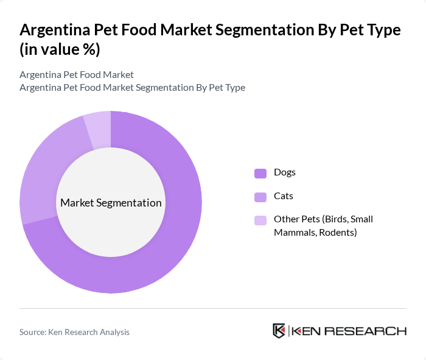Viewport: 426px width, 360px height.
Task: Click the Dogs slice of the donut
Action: (176, 244)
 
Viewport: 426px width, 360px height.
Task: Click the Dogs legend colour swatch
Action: (260, 173)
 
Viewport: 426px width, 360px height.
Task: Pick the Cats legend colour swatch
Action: (260, 197)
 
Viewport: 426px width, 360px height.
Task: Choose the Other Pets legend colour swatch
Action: (260, 221)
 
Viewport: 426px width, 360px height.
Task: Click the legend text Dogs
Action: (285, 172)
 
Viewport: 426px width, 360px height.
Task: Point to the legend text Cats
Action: (284, 196)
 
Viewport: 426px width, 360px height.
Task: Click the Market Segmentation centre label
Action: (111, 203)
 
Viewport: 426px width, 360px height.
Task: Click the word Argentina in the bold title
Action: (56, 30)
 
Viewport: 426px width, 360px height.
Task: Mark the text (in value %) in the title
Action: (60, 50)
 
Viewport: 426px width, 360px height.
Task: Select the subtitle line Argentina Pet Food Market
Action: (77, 75)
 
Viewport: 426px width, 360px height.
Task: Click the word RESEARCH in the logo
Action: (372, 331)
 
